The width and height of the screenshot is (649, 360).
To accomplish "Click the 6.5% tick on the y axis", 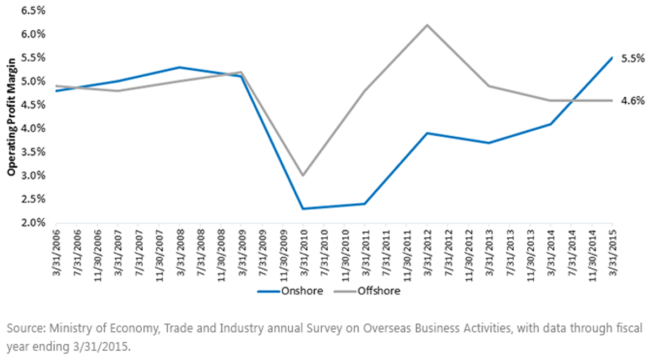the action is [x=34, y=11].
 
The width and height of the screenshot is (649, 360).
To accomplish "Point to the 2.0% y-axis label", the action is [x=34, y=223].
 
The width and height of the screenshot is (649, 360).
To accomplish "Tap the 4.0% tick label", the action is [x=34, y=128].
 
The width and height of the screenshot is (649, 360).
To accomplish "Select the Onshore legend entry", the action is [x=290, y=291].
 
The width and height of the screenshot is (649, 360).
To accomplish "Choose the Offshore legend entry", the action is [x=367, y=291].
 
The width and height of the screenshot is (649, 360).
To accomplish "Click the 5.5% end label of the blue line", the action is [x=633, y=58].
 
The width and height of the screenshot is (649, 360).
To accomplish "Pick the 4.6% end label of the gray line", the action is [x=633, y=101].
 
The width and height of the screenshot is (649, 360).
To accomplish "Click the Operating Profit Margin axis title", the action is [x=11, y=117].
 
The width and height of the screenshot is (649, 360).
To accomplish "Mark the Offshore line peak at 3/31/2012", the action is [x=427, y=25].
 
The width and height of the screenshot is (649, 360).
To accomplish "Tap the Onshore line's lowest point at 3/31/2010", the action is [x=303, y=209].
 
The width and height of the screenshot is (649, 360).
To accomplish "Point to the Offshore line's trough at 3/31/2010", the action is [x=303, y=175].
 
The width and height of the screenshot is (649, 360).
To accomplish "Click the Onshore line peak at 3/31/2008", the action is [x=180, y=67].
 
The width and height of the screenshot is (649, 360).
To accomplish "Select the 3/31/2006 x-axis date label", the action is [x=56, y=252].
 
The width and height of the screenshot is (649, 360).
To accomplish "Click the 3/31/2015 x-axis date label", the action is [x=612, y=252].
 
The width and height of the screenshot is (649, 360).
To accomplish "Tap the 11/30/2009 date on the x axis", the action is [x=283, y=256].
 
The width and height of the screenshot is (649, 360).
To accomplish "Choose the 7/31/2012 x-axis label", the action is [x=448, y=252].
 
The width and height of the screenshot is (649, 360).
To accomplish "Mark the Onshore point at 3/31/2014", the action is [x=551, y=124].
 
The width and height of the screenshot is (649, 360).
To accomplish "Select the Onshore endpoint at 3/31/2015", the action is [x=612, y=58].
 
